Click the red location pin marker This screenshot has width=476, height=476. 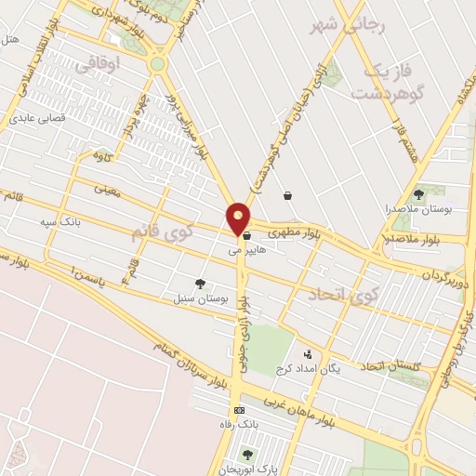(239, 218)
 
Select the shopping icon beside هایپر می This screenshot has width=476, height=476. (245, 236)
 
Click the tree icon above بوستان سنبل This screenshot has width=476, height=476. (200, 284)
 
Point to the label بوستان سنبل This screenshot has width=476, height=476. (201, 298)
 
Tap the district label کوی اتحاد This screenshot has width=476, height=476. (342, 295)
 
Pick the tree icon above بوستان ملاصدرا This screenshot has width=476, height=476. (418, 194)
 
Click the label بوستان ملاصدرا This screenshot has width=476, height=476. (420, 209)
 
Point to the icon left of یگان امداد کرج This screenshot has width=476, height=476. (308, 354)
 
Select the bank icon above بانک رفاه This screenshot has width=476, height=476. (240, 410)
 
